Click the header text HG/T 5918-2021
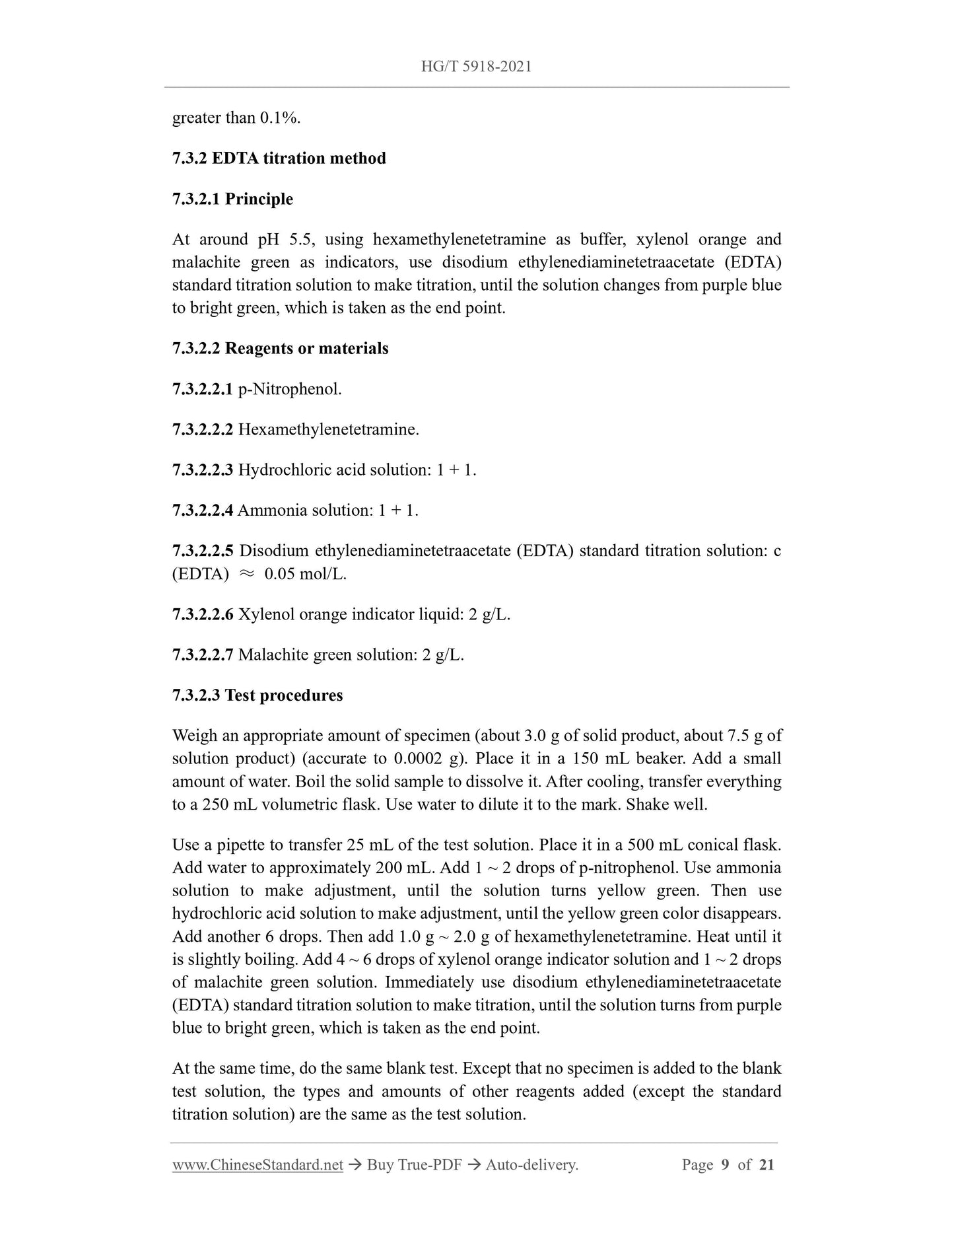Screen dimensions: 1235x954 click(476, 66)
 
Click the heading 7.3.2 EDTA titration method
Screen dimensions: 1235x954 click(279, 159)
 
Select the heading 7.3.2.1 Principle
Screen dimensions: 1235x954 click(232, 199)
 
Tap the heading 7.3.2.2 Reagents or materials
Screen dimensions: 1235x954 click(280, 348)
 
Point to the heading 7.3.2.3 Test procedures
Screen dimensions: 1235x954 click(257, 695)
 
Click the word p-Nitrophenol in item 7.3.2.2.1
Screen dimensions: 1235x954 click(289, 389)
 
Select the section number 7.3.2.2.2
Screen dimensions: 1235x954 click(202, 429)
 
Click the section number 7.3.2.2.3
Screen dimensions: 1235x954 click(202, 470)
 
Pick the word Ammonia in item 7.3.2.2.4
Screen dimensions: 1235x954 click(267, 510)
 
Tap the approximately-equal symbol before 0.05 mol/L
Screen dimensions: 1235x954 click(246, 574)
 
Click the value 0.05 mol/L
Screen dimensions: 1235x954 click(305, 574)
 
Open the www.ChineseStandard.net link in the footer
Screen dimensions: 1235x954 click(257, 1164)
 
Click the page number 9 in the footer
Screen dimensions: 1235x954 click(725, 1164)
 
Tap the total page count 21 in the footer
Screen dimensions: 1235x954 click(767, 1164)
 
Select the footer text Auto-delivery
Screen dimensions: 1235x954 click(531, 1164)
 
